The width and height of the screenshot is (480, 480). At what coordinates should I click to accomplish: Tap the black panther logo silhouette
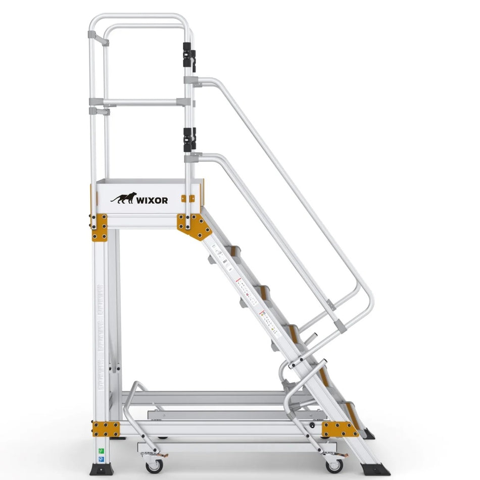[x=124, y=198]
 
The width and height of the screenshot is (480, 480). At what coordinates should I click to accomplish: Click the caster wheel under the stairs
[x=334, y=463]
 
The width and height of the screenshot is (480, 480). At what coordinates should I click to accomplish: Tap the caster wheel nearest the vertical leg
[x=153, y=464]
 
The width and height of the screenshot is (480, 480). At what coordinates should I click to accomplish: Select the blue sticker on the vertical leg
[x=100, y=460]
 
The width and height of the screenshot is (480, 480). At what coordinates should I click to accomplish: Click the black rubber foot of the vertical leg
[x=100, y=468]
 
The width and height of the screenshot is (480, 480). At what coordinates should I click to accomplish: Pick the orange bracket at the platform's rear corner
[x=100, y=228]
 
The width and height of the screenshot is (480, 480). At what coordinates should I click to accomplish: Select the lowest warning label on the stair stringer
[x=268, y=322]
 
